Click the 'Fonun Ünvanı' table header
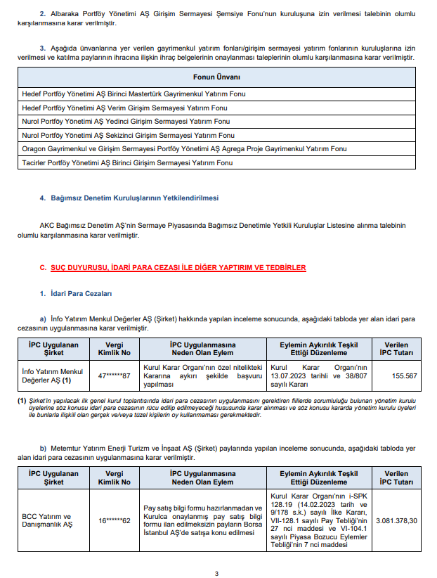(x=216, y=76)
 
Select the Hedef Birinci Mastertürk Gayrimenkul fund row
(x=133, y=94)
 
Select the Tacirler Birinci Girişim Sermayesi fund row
(x=126, y=162)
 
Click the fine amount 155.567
(x=403, y=375)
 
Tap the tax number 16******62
(x=115, y=520)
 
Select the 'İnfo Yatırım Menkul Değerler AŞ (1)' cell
(x=53, y=375)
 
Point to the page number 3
(x=217, y=574)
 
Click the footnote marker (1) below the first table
(x=22, y=401)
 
